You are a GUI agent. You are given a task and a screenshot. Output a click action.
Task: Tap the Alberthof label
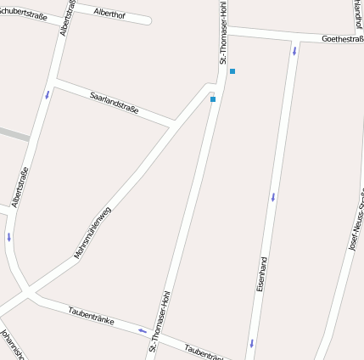click(110, 14)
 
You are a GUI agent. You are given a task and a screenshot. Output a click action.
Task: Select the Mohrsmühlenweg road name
click(92, 232)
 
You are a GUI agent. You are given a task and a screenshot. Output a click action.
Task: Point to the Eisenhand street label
click(262, 274)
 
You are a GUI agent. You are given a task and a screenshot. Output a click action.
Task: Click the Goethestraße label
click(342, 38)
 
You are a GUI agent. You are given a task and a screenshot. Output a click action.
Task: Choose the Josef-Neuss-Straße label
click(356, 225)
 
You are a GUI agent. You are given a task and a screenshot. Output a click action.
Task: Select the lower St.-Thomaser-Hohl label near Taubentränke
click(159, 321)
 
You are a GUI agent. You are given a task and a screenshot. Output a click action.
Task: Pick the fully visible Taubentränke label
click(91, 313)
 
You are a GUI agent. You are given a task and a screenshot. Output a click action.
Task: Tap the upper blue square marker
click(232, 71)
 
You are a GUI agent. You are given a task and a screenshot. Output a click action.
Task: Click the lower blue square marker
click(213, 99)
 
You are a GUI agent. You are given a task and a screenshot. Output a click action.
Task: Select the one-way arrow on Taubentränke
click(143, 330)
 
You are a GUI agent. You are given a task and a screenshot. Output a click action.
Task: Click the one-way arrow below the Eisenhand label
click(251, 344)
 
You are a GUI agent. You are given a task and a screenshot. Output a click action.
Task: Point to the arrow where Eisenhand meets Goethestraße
click(294, 51)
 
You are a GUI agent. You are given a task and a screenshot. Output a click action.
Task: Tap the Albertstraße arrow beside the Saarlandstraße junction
click(48, 94)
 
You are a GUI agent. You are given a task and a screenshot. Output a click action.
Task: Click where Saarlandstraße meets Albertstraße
click(55, 82)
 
